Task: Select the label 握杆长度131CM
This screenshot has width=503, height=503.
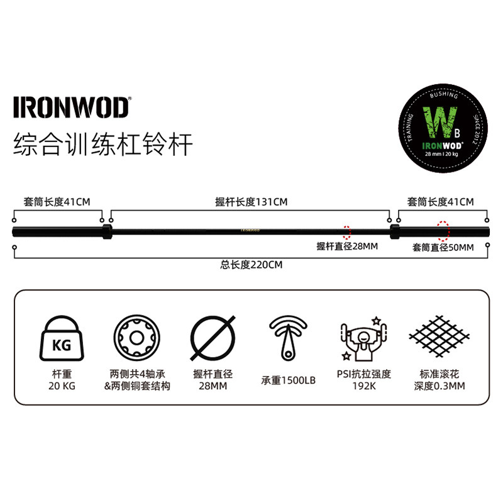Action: tap(251, 202)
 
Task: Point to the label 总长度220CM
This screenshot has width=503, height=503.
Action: tap(251, 265)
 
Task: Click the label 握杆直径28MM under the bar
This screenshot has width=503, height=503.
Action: tap(347, 246)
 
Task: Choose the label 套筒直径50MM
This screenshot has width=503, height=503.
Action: tap(443, 247)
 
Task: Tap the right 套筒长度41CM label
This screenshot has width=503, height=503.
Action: tap(440, 202)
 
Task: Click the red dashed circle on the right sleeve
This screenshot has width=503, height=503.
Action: tap(444, 230)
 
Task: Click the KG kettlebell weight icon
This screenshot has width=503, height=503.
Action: tap(61, 338)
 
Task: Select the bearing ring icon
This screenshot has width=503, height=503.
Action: tap(136, 338)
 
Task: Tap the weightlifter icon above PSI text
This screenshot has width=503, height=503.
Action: tap(364, 338)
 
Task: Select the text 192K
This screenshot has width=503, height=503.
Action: tap(364, 386)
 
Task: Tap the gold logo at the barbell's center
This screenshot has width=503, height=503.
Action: tap(251, 230)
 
